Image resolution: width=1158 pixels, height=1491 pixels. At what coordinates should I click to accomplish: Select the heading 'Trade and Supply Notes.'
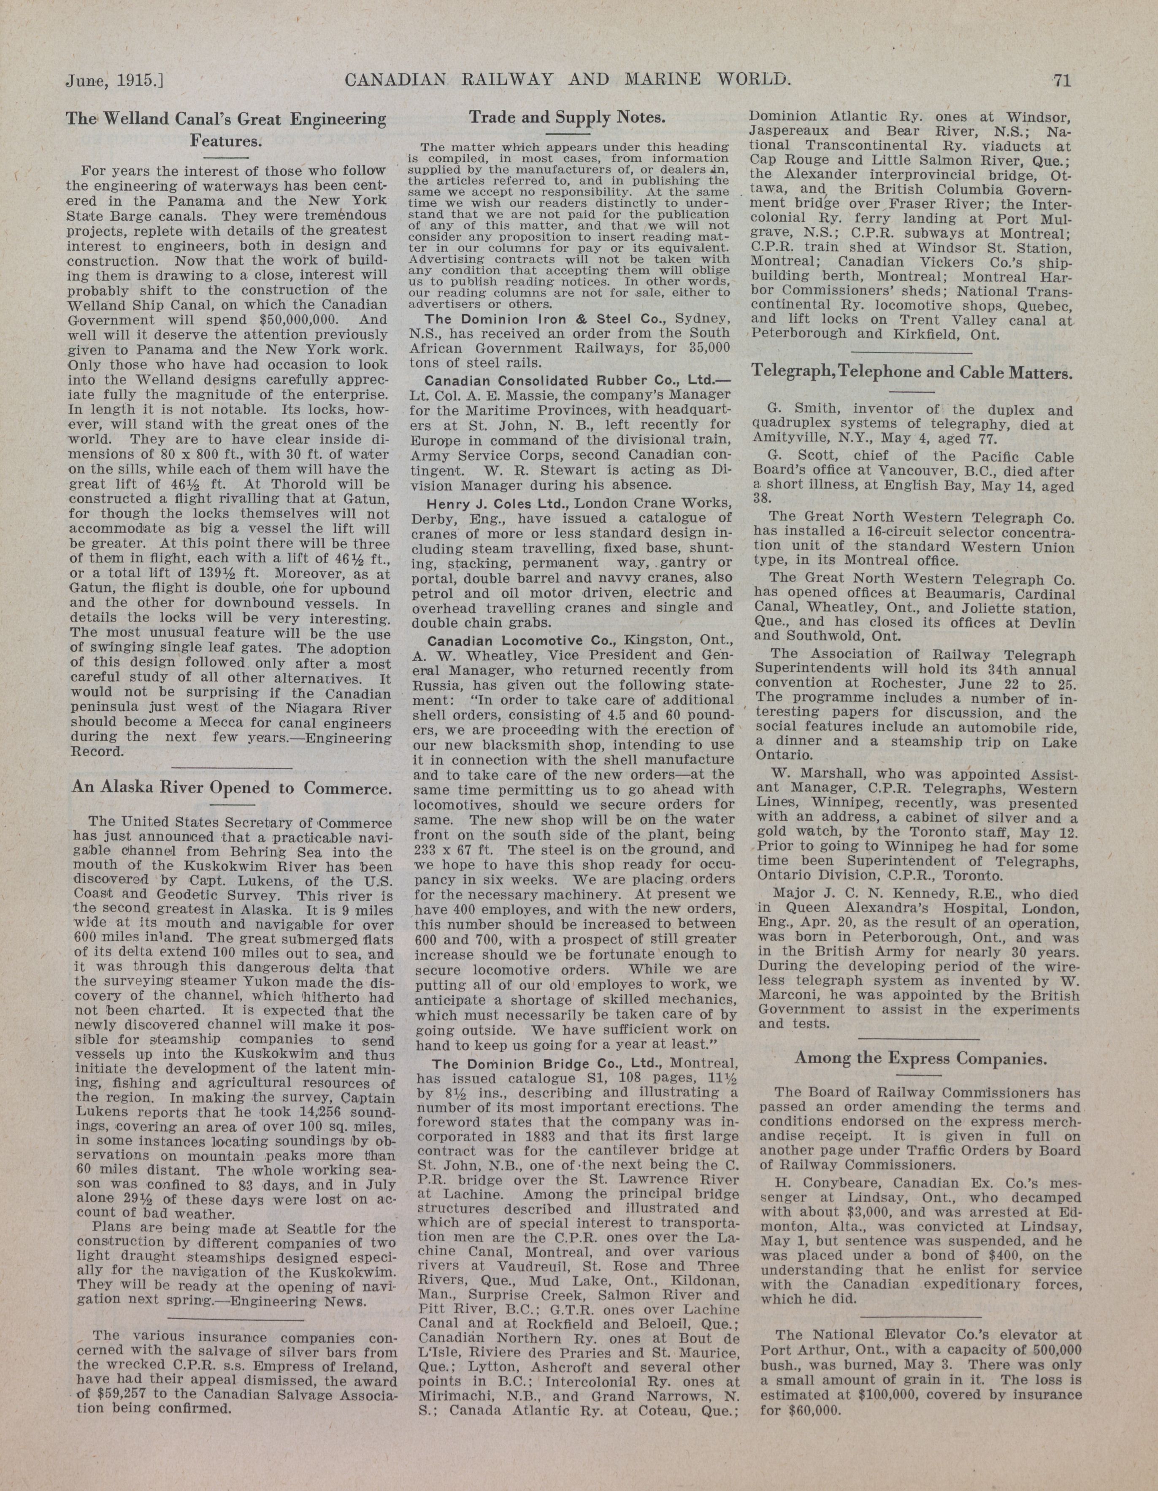click(567, 117)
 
